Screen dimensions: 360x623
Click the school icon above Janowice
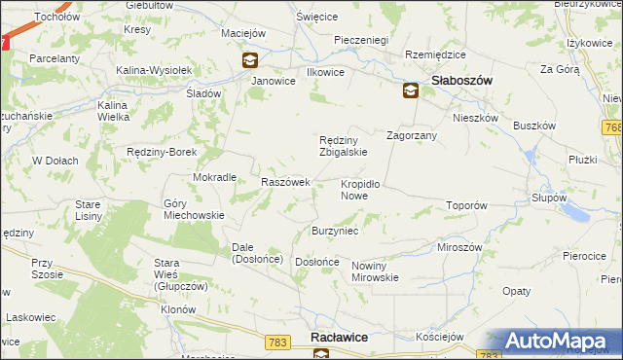(251, 60)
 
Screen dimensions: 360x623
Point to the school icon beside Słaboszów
(410, 90)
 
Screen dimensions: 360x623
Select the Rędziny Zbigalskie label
(344, 145)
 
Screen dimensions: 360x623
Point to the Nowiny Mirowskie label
(376, 271)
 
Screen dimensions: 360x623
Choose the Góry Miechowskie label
(195, 209)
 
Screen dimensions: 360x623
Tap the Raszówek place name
(285, 182)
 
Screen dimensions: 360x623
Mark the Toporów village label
(465, 206)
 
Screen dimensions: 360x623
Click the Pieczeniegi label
(361, 40)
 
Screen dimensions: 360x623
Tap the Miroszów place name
(460, 247)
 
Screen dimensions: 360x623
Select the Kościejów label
(438, 336)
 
